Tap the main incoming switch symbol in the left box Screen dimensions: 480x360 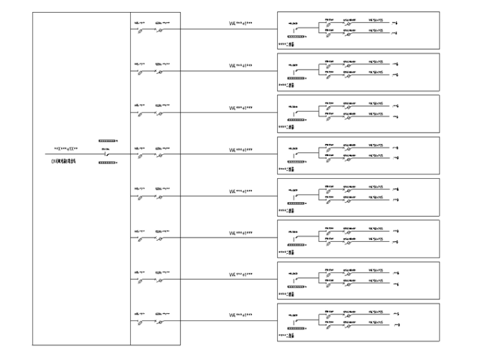tap(108, 154)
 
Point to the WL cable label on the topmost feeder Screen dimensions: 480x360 tap(241, 25)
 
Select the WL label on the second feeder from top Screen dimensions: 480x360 tap(241, 66)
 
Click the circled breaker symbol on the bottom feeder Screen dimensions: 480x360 tap(160, 321)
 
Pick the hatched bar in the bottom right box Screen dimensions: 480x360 tap(296, 329)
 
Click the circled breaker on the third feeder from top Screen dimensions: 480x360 tap(160, 113)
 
